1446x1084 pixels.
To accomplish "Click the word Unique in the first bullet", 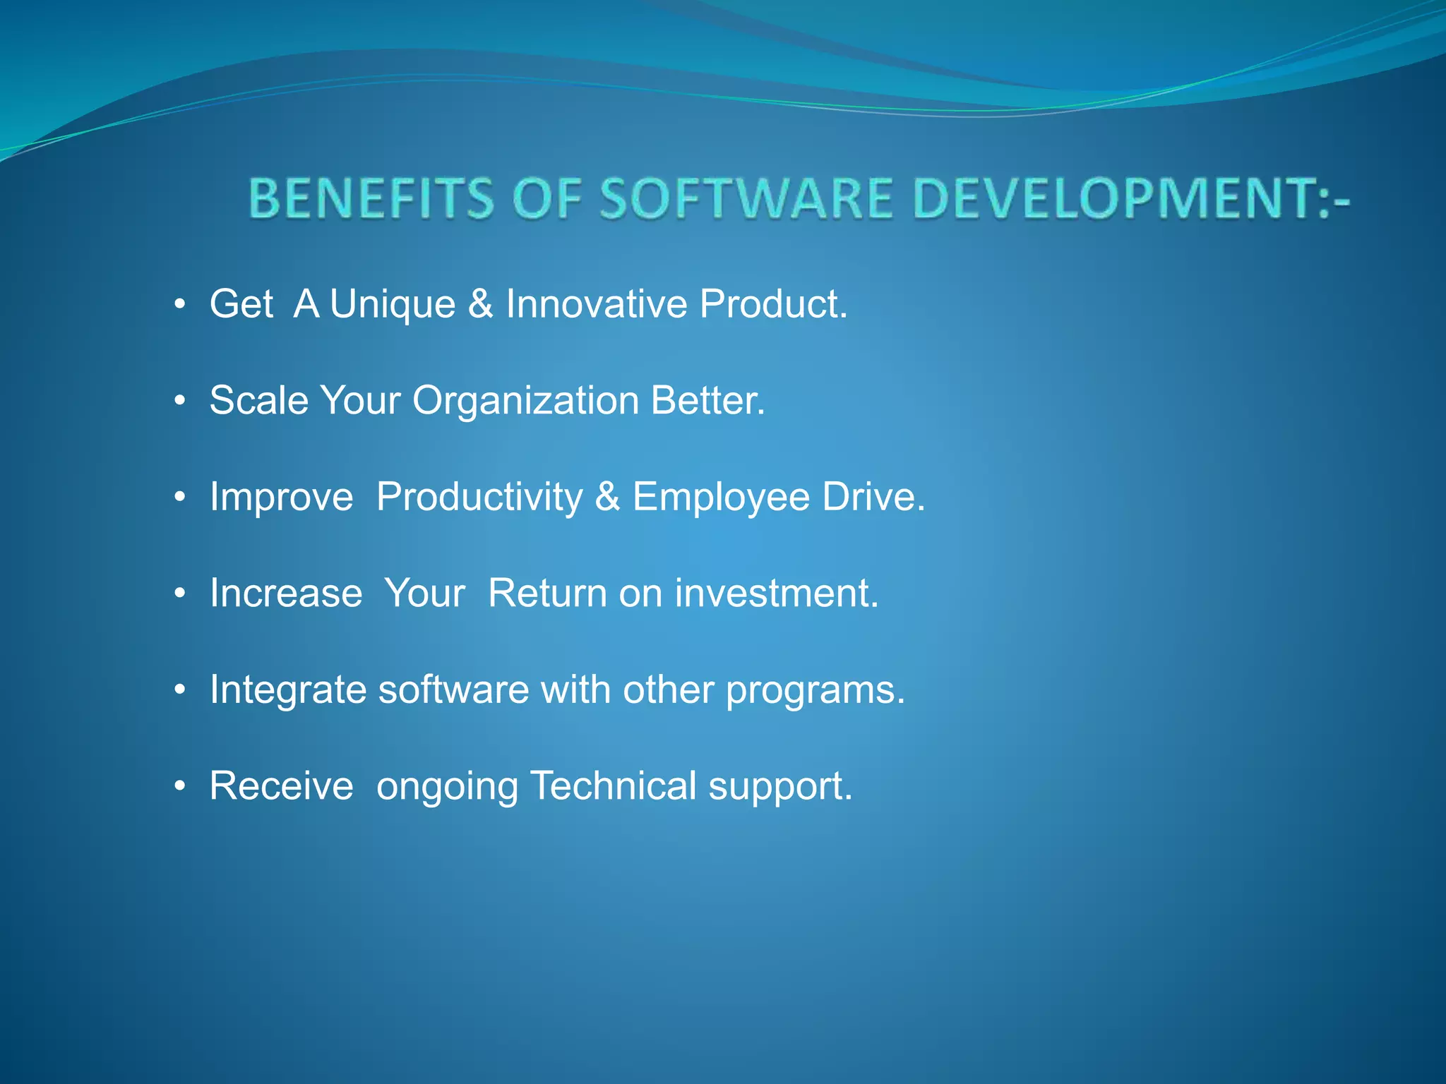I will [x=393, y=305].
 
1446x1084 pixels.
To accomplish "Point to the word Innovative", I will [x=596, y=304].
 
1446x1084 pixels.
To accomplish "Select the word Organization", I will [x=525, y=401].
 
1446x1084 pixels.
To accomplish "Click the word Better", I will [x=707, y=401].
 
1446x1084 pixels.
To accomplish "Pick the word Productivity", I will [x=479, y=498].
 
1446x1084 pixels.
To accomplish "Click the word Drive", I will [x=873, y=497].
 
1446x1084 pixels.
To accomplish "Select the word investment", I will [x=777, y=594].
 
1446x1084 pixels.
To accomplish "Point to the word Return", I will [x=547, y=594].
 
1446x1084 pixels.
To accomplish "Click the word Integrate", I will [x=287, y=690].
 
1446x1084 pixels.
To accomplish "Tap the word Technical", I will [x=613, y=786].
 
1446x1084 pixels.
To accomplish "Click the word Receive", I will [x=281, y=786].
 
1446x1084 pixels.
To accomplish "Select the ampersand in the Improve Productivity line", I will [x=607, y=497].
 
